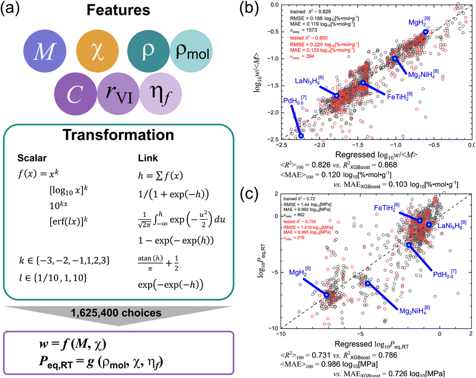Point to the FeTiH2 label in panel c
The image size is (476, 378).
(388, 207)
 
